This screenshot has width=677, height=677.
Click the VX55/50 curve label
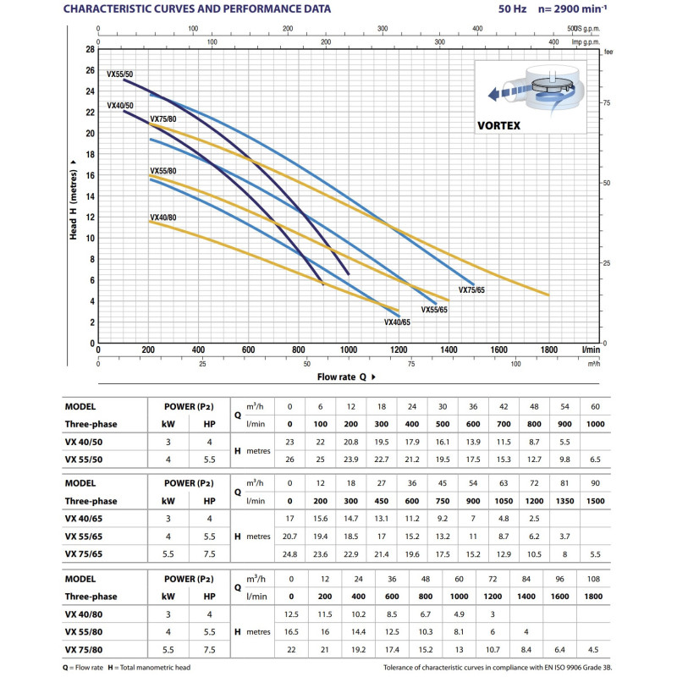[x=119, y=74]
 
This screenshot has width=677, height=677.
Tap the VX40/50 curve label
[x=119, y=106]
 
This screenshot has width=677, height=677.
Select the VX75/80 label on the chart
[x=162, y=119]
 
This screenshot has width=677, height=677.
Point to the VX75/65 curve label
[x=471, y=290]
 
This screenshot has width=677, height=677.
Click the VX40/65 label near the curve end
[x=397, y=322]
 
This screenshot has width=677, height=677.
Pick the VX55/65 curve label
[x=435, y=310]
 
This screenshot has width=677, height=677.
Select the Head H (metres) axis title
[x=74, y=195]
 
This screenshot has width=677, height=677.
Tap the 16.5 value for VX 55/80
[x=290, y=633]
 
